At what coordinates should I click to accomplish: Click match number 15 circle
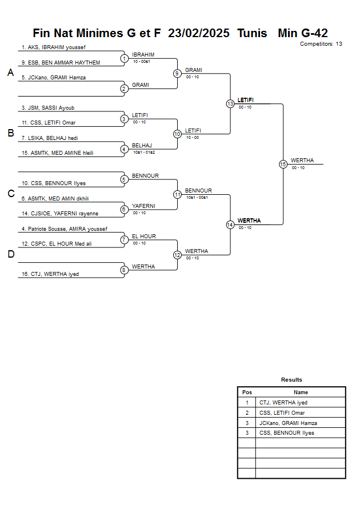(283, 164)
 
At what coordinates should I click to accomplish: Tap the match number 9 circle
(177, 73)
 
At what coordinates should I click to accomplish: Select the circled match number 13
(230, 104)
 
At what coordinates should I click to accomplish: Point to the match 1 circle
(124, 58)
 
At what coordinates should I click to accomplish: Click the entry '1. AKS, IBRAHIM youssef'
(53, 47)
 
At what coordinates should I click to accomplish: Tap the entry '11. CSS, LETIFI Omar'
(48, 123)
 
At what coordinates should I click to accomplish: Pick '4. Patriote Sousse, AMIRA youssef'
(64, 229)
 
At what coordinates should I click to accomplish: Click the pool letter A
(10, 73)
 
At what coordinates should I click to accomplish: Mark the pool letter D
(10, 254)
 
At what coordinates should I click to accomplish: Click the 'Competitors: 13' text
(321, 43)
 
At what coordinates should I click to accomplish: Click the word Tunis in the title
(254, 33)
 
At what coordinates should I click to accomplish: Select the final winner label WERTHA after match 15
(302, 161)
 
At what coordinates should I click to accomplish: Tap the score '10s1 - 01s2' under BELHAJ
(143, 152)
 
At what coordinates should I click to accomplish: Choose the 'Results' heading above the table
(291, 380)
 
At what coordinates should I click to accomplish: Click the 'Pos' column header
(247, 392)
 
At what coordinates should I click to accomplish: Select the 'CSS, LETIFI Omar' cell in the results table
(282, 413)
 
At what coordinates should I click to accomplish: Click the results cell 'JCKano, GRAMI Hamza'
(288, 423)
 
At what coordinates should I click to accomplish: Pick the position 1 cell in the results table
(247, 403)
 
